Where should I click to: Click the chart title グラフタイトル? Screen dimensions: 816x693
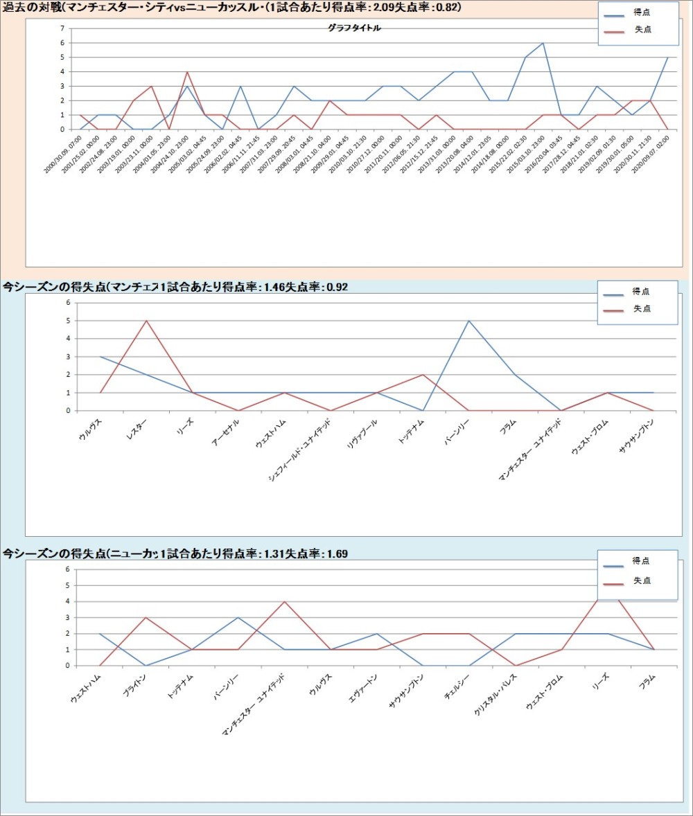[353, 28]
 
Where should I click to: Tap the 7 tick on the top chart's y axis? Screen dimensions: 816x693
[62, 28]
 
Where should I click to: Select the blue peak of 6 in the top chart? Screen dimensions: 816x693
[543, 43]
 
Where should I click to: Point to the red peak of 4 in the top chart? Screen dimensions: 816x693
[187, 72]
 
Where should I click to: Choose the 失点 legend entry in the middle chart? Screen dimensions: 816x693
[642, 309]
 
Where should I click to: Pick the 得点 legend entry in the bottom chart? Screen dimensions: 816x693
[641, 560]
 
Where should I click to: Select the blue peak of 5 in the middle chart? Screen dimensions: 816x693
[469, 321]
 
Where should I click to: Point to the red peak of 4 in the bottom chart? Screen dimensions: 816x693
[284, 601]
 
